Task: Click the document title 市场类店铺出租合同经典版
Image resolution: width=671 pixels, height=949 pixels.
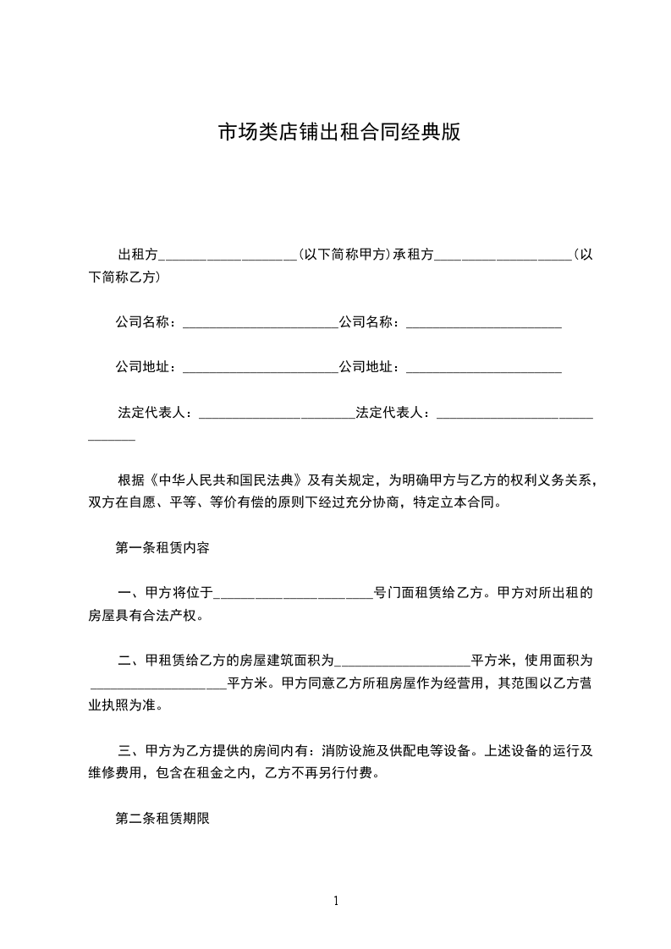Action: pyautogui.click(x=339, y=133)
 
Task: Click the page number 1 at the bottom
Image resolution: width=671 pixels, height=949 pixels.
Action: pyautogui.click(x=336, y=901)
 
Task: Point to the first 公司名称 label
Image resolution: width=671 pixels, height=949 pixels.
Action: pyautogui.click(x=145, y=321)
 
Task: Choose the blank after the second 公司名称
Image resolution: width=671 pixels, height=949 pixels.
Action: pyautogui.click(x=484, y=323)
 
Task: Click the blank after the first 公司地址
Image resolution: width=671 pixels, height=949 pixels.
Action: pyautogui.click(x=260, y=369)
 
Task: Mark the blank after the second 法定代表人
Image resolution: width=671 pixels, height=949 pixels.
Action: pyautogui.click(x=513, y=414)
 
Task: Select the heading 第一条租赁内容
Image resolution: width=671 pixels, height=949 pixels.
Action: pyautogui.click(x=162, y=547)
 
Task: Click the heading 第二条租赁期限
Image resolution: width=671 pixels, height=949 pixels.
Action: pyautogui.click(x=162, y=818)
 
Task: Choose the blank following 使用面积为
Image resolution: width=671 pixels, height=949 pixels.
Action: pyautogui.click(x=157, y=683)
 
